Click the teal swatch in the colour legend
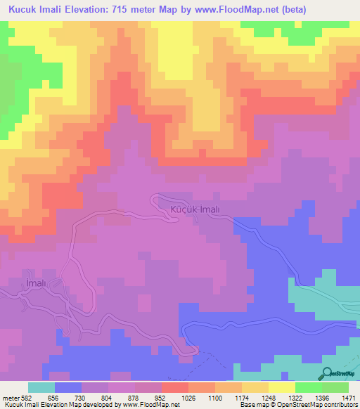tap(41, 387)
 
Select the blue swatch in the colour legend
tap(67, 387)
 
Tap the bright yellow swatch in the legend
tap(281, 387)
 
